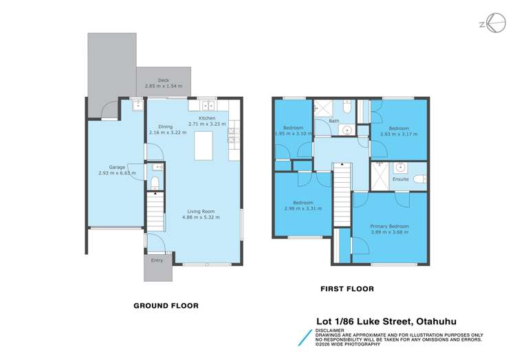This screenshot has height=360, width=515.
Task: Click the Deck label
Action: pos(163,80)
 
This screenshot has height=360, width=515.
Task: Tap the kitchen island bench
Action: pos(204,146)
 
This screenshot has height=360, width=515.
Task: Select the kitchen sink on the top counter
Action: pos(207,105)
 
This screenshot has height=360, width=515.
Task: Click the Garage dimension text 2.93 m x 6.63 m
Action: pos(117,173)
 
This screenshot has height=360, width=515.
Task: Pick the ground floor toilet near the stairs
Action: pos(155,182)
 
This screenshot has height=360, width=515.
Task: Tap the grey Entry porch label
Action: pos(157,260)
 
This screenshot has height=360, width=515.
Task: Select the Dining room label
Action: pos(166,126)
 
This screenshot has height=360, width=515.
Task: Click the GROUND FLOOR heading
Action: pos(166,306)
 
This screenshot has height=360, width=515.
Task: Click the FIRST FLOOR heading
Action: pos(347,289)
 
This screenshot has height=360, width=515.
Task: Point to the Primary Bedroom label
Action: pos(389,226)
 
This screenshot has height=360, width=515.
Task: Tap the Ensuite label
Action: pos(401,179)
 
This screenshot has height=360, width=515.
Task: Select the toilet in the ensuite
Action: pos(400,167)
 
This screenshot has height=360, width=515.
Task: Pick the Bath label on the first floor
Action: pos(333,122)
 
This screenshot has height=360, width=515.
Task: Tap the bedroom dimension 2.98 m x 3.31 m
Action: pos(303,209)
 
